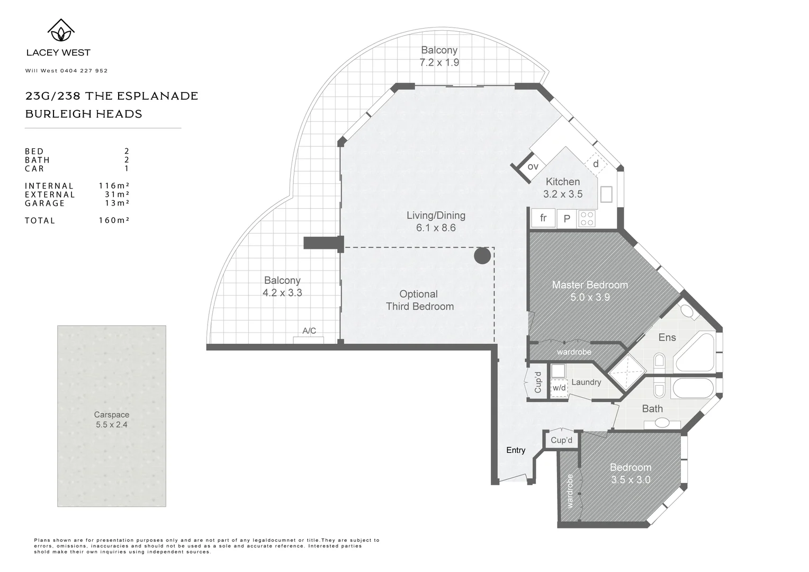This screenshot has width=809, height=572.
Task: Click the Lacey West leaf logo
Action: click(x=61, y=30)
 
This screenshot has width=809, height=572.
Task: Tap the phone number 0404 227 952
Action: click(x=84, y=71)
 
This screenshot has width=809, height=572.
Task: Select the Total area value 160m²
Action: click(x=114, y=220)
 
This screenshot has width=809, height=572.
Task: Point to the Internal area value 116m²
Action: click(x=114, y=185)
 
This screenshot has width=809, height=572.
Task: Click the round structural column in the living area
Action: click(x=482, y=256)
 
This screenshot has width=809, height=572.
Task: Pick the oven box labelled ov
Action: click(x=532, y=167)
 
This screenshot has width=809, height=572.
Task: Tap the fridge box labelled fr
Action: click(x=543, y=218)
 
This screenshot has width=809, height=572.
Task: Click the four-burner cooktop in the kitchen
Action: click(x=587, y=219)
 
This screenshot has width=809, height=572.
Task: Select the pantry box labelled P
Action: click(x=567, y=219)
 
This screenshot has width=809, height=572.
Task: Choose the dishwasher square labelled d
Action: click(x=596, y=164)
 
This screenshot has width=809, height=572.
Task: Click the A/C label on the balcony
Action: click(x=309, y=330)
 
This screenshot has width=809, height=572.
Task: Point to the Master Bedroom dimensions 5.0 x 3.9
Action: click(x=590, y=297)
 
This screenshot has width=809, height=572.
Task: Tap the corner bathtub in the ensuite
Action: click(x=696, y=352)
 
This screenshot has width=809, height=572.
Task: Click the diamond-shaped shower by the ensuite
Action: click(x=627, y=372)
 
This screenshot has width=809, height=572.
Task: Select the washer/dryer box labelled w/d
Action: click(x=559, y=388)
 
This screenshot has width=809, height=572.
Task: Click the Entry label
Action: click(x=516, y=450)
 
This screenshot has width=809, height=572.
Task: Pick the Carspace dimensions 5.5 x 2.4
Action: click(x=112, y=425)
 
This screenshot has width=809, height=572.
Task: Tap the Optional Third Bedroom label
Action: click(x=419, y=300)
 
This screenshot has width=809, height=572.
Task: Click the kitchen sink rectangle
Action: click(x=606, y=194)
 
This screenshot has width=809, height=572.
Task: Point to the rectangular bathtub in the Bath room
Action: click(x=694, y=388)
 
